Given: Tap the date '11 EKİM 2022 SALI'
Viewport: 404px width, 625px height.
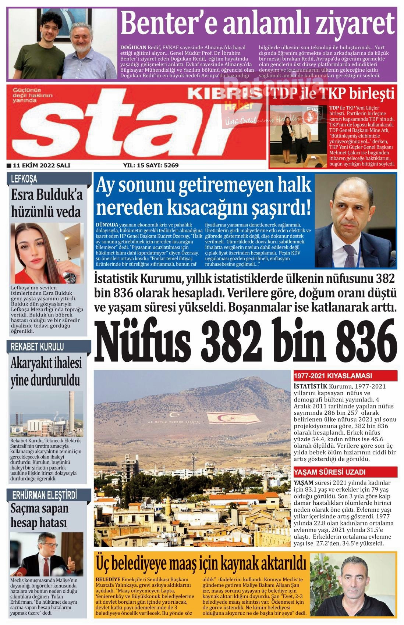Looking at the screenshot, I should pyautogui.click(x=41, y=165).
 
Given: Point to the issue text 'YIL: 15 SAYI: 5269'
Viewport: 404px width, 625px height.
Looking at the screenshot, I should pyautogui.click(x=151, y=165).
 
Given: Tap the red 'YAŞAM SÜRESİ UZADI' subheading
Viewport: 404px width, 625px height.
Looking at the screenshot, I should pyautogui.click(x=330, y=472).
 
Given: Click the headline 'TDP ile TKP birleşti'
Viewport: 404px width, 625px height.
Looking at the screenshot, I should pyautogui.click(x=333, y=94).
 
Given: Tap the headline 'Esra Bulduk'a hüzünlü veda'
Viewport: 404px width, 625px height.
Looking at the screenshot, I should pyautogui.click(x=47, y=203).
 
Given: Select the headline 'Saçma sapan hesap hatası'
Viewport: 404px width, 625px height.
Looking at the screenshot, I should pyautogui.click(x=40, y=515).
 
